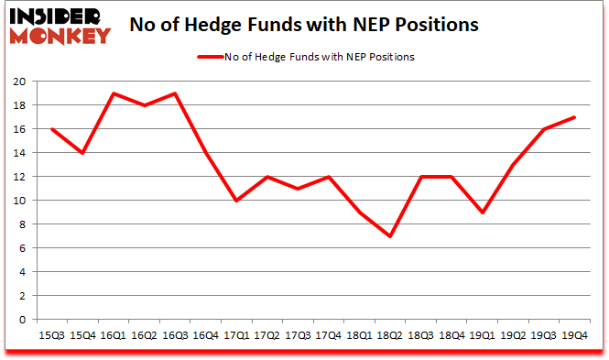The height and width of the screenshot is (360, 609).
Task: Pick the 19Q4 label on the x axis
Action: pyautogui.click(x=574, y=335)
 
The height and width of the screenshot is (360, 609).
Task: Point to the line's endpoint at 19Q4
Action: pyautogui.click(x=574, y=116)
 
